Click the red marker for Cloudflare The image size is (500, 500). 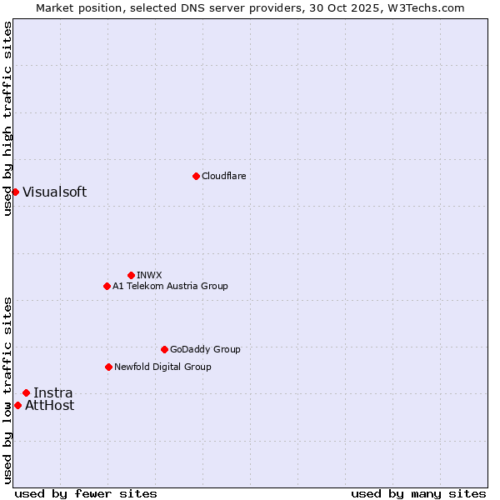(196, 176)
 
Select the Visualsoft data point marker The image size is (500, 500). (15, 192)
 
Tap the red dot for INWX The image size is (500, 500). (131, 275)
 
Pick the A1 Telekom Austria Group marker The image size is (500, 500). (107, 286)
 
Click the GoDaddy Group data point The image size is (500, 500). (164, 349)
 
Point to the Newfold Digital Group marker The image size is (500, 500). (108, 367)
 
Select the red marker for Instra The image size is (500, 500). (26, 392)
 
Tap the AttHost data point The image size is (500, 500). (17, 405)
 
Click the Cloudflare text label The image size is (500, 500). (224, 176)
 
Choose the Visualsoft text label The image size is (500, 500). (54, 192)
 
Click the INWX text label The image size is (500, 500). (149, 275)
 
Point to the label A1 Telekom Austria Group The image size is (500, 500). (170, 286)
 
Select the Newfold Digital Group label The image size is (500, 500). (162, 367)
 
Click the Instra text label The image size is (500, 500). (52, 392)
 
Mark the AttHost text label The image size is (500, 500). (49, 405)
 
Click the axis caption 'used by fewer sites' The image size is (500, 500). (86, 493)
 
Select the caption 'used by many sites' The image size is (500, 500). (418, 493)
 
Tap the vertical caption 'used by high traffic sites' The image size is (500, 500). (7, 118)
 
